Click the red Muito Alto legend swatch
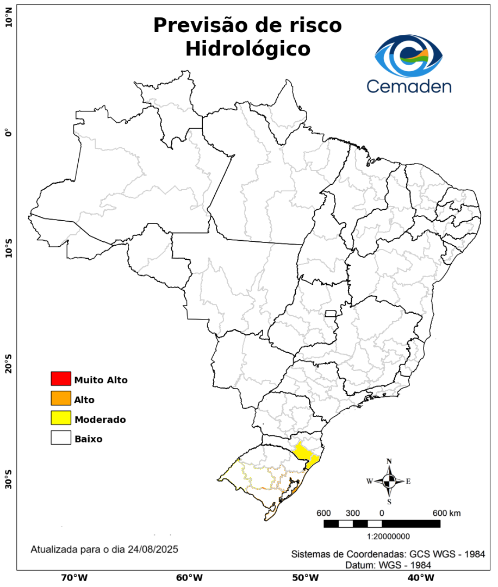(61, 378)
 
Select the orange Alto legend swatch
(61, 398)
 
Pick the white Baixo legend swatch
(61, 438)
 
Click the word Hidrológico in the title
(247, 49)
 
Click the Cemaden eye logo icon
(409, 55)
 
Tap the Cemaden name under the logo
(409, 86)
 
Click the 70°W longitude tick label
(74, 577)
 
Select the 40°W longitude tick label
(419, 577)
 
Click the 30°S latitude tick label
(8, 475)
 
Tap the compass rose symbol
(389, 481)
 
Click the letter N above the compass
(389, 461)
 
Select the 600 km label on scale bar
(446, 513)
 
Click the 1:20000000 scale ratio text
(389, 536)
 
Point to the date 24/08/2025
(153, 549)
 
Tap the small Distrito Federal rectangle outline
(331, 313)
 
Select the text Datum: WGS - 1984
(388, 565)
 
